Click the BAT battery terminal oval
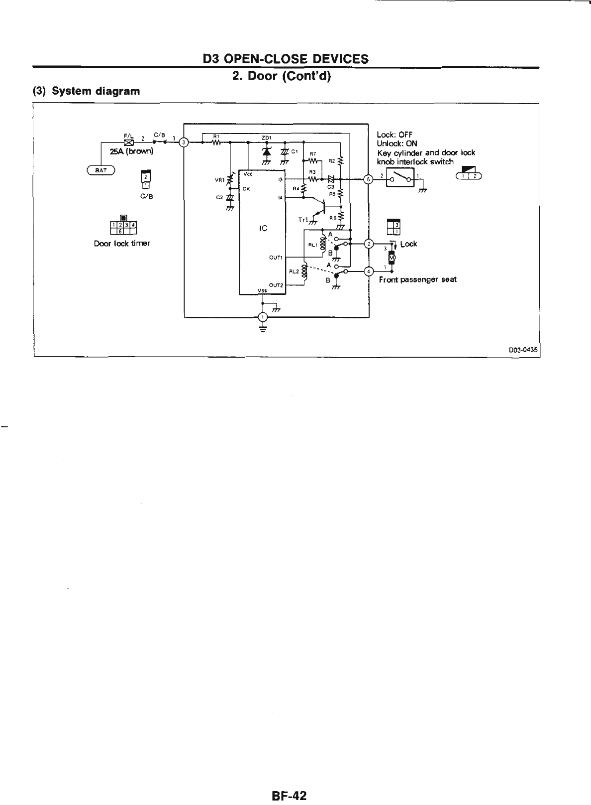coord(101,170)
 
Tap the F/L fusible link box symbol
coord(127,142)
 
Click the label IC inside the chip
coord(263,228)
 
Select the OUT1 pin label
coord(276,258)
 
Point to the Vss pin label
coord(262,290)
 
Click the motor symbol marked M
coord(392,257)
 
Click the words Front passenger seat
coord(417,280)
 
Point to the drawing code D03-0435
coord(523,350)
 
